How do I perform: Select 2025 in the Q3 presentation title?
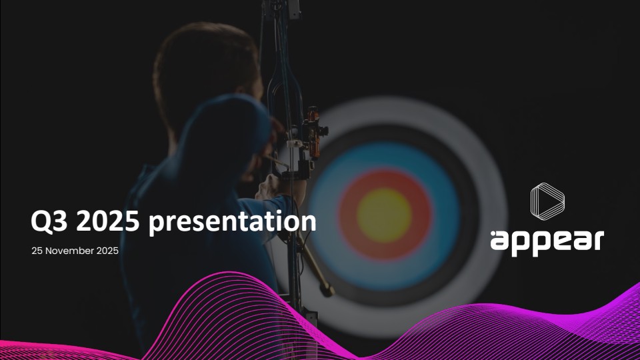coord(107,223)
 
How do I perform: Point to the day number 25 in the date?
coord(37,251)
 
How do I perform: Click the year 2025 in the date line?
coord(106,251)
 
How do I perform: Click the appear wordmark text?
coord(547,241)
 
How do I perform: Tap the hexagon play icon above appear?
coord(547,201)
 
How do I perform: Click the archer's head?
coord(200,67)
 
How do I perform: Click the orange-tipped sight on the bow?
coord(323,130)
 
